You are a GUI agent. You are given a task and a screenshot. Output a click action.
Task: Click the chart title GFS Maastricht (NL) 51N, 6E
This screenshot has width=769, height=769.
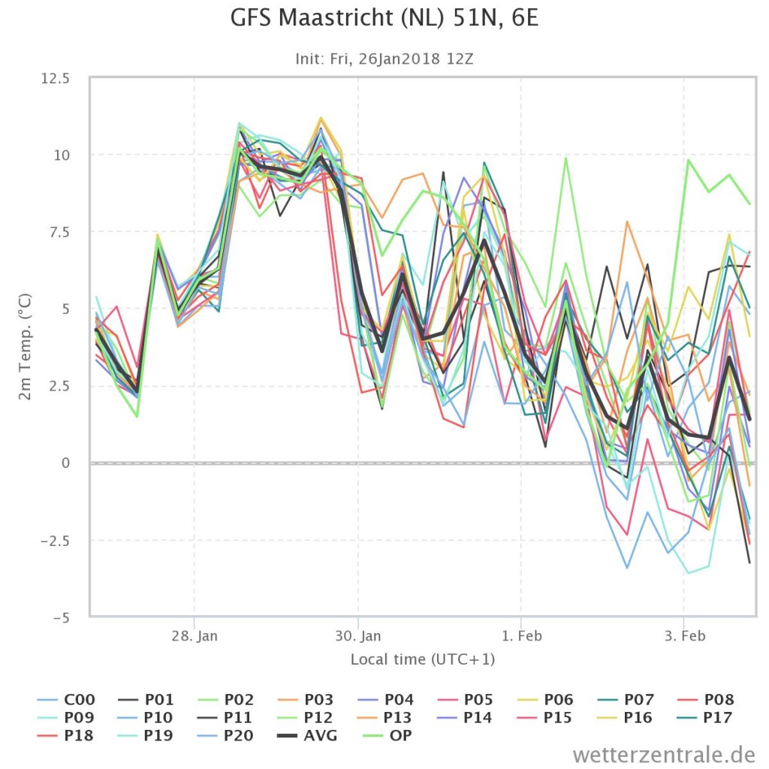(384, 19)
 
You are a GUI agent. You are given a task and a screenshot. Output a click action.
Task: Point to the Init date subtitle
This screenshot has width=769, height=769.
(384, 59)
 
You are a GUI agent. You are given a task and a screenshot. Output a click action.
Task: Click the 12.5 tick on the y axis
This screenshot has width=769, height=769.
(56, 78)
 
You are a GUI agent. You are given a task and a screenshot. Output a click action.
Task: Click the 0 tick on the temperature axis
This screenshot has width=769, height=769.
(65, 463)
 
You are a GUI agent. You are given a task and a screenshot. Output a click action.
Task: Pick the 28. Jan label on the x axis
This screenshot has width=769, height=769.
(195, 636)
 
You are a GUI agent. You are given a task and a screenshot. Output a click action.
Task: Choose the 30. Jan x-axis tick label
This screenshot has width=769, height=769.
(358, 636)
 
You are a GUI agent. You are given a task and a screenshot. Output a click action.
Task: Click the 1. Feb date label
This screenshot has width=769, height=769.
(521, 636)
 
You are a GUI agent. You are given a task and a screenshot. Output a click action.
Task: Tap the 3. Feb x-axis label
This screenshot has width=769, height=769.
(685, 636)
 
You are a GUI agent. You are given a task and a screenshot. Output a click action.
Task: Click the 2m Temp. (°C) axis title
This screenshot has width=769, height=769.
(25, 347)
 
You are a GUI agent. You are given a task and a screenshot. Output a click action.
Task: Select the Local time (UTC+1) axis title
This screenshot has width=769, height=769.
(423, 659)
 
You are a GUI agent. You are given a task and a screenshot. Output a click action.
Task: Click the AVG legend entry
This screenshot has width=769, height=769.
(307, 736)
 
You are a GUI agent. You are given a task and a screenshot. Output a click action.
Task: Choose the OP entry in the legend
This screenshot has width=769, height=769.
(388, 736)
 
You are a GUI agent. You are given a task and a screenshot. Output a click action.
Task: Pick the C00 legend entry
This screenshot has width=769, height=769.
(66, 699)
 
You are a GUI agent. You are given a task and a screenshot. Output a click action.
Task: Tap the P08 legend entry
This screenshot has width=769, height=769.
(706, 699)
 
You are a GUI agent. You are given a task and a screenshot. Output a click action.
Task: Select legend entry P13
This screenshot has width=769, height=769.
(386, 717)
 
